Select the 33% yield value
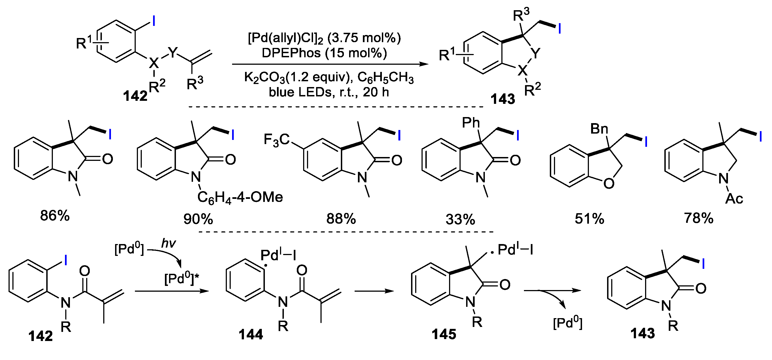[x=460, y=220]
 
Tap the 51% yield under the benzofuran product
[x=589, y=219]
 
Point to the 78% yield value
[x=698, y=218]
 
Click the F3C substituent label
[x=276, y=140]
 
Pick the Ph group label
[x=471, y=123]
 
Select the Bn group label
[x=599, y=129]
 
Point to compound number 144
[x=251, y=334]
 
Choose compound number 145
[x=444, y=334]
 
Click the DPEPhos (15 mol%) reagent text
[x=324, y=53]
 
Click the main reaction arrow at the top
[x=330, y=64]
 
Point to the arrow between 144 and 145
[x=374, y=291]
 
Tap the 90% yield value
[x=198, y=220]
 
